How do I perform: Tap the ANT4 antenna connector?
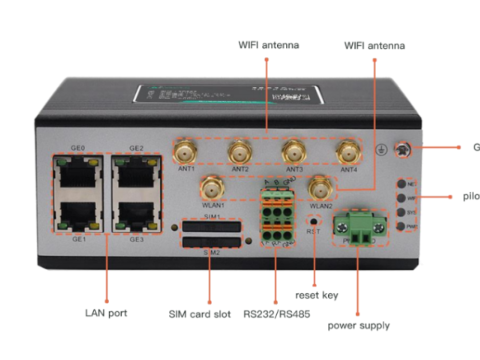tap(348, 152)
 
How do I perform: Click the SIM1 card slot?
tap(211, 227)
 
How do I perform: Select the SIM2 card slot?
tap(211, 243)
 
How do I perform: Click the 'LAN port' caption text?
tap(105, 313)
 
